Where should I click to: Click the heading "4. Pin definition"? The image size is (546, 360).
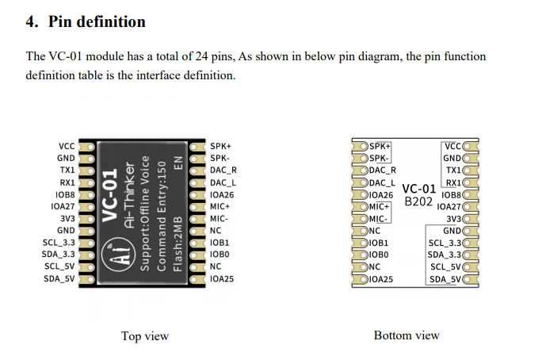pyautogui.click(x=86, y=21)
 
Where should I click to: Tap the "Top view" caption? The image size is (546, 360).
pyautogui.click(x=144, y=336)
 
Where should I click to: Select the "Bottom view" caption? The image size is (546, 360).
pyautogui.click(x=406, y=335)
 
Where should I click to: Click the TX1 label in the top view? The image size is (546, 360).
pyautogui.click(x=67, y=170)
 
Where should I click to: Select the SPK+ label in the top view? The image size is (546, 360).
pyautogui.click(x=221, y=146)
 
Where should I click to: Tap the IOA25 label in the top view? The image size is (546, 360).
pyautogui.click(x=223, y=279)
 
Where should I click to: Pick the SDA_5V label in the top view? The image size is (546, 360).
pyautogui.click(x=59, y=279)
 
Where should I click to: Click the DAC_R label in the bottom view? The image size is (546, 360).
pyautogui.click(x=384, y=170)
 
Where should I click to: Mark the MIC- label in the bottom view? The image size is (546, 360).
pyautogui.click(x=379, y=219)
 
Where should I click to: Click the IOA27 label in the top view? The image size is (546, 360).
pyautogui.click(x=63, y=206)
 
